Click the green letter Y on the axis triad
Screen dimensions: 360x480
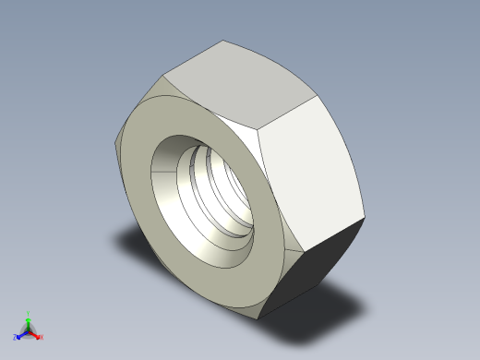[x=29, y=313]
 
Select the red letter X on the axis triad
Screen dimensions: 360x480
[x=42, y=337]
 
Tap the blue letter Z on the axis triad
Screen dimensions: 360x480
[x=15, y=337]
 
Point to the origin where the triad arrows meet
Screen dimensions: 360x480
[x=29, y=330]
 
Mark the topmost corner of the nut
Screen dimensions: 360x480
[x=223, y=40]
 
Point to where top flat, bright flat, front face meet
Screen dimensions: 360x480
[x=257, y=130]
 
